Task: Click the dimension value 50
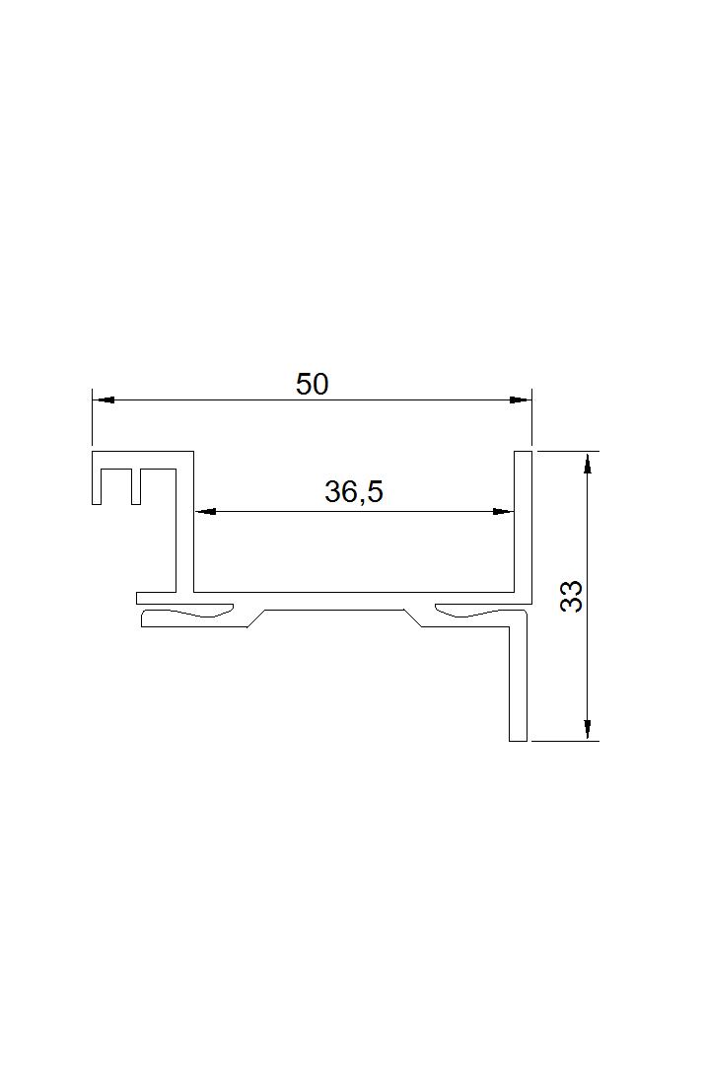(312, 385)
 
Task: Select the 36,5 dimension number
(354, 492)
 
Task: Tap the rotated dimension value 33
(571, 596)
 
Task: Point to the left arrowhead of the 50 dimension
(104, 400)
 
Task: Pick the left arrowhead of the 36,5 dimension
(205, 512)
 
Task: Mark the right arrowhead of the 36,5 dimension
(503, 512)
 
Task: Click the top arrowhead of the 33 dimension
(589, 463)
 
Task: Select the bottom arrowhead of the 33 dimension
(589, 729)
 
